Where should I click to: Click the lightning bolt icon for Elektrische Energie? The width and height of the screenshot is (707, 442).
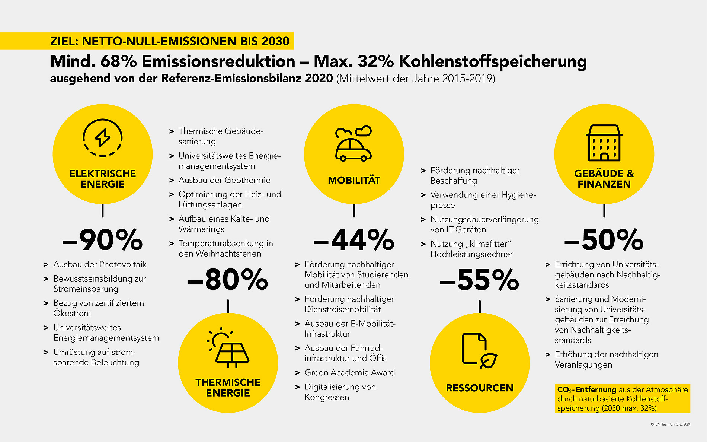click(102, 138)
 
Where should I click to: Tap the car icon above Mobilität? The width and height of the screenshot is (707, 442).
click(353, 149)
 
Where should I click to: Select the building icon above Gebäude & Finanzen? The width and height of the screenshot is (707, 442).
click(604, 143)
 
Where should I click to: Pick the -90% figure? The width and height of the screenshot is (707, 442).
click(102, 240)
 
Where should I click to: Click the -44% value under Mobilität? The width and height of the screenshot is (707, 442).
click(353, 240)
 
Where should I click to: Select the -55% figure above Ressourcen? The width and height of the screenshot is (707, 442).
click(479, 280)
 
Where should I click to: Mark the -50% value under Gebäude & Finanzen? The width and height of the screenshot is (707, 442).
click(604, 240)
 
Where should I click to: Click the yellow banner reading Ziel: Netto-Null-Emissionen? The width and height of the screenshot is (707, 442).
click(170, 41)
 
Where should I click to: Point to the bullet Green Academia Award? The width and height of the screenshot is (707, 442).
click(349, 372)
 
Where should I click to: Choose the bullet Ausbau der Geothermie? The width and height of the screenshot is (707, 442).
click(224, 180)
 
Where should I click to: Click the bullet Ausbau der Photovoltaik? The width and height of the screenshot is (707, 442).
click(100, 264)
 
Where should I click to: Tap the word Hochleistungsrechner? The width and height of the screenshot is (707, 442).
click(471, 254)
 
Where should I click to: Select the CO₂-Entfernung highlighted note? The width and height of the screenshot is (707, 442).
click(622, 399)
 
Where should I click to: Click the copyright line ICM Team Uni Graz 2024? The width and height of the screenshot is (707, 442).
click(671, 424)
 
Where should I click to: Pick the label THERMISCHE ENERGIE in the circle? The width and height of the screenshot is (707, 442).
click(228, 388)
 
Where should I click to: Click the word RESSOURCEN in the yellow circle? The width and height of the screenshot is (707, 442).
click(479, 388)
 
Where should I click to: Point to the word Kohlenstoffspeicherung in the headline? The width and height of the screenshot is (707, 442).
click(493, 61)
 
